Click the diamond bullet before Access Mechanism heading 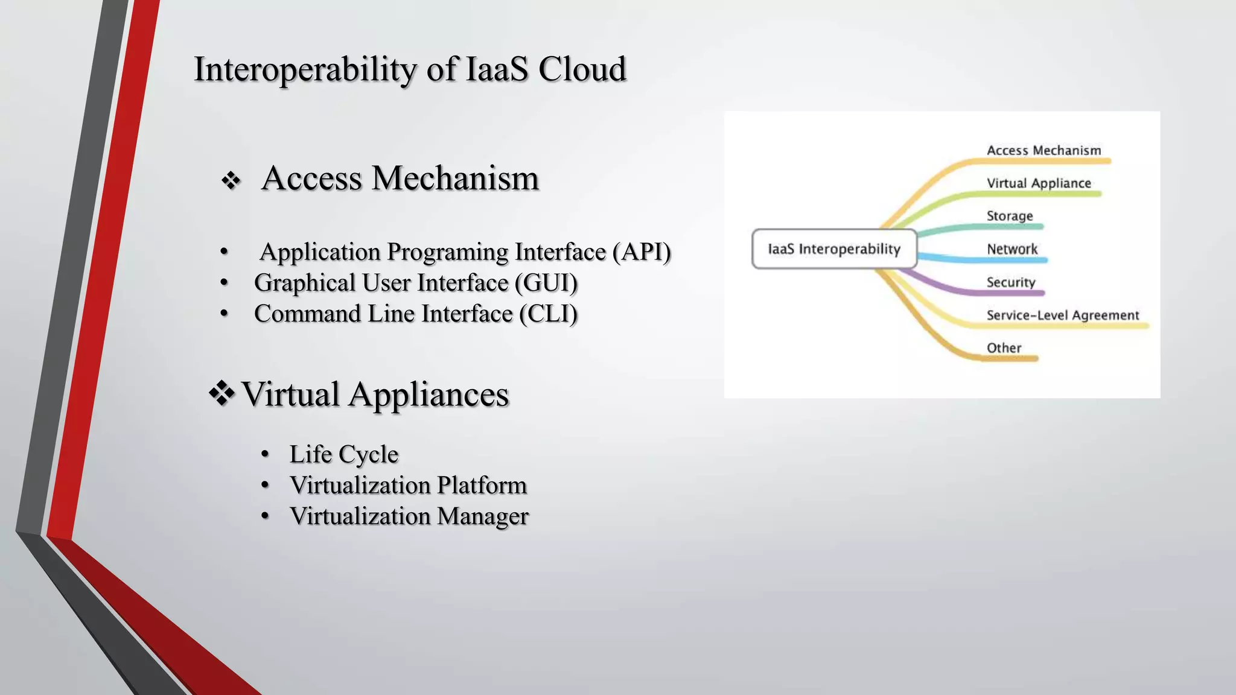point(231,180)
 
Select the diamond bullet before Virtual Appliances point(221,394)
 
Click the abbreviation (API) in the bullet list point(641,252)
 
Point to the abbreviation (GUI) point(546,283)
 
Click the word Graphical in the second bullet point(305,283)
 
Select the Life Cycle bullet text point(343,454)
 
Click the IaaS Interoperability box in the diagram point(834,249)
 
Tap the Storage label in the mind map point(1009,216)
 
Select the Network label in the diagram point(1012,249)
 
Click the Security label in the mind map point(1010,282)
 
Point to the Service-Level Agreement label point(1062,315)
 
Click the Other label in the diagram point(1004,348)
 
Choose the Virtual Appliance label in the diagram point(1039,183)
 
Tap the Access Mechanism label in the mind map point(1043,150)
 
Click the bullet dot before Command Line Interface point(225,313)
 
